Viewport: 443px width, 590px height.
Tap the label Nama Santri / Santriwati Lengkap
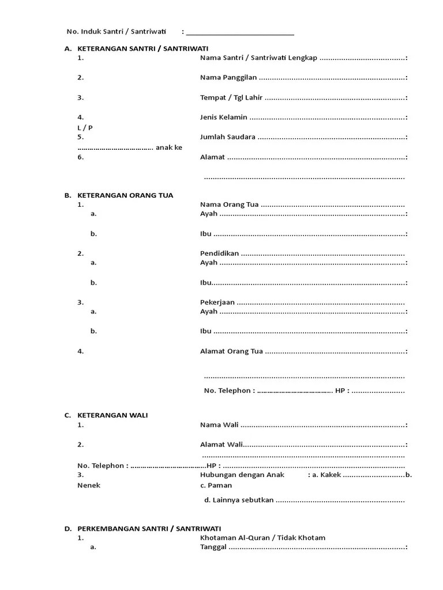tap(258, 58)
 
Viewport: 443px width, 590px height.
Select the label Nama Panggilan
tap(228, 78)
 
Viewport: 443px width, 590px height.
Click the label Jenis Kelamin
tap(224, 117)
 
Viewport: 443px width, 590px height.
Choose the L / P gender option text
tap(85, 127)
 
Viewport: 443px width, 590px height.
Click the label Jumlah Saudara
tap(228, 137)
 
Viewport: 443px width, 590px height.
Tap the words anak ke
tap(169, 147)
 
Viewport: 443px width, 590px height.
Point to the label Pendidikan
tap(219, 254)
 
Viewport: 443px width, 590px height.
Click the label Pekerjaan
tap(217, 302)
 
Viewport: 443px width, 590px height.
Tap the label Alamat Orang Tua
tap(231, 351)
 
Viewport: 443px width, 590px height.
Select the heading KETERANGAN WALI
tap(112, 415)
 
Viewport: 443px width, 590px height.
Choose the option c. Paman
tap(216, 485)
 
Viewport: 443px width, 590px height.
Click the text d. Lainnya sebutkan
tap(239, 500)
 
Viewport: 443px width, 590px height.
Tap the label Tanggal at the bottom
tap(213, 547)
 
